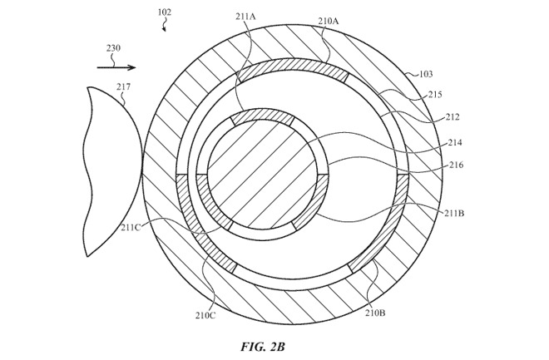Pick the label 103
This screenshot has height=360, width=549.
pos(424,76)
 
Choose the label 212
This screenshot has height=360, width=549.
pos(453,117)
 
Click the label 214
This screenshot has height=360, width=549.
pos(455,143)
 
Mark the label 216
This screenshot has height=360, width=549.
pos(455,165)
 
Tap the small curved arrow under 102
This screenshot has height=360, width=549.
pos(166,27)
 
